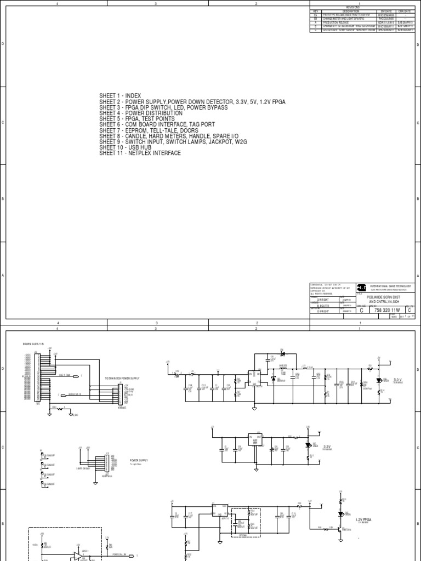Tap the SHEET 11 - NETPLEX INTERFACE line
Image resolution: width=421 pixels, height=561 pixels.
coord(140,153)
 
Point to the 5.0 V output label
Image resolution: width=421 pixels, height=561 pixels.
coord(398,380)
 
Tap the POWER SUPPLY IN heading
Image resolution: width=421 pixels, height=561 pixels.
coord(33,344)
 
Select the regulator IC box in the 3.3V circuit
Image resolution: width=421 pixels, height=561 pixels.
coord(254,440)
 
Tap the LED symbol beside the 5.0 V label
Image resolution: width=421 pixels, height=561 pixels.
coord(378,380)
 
